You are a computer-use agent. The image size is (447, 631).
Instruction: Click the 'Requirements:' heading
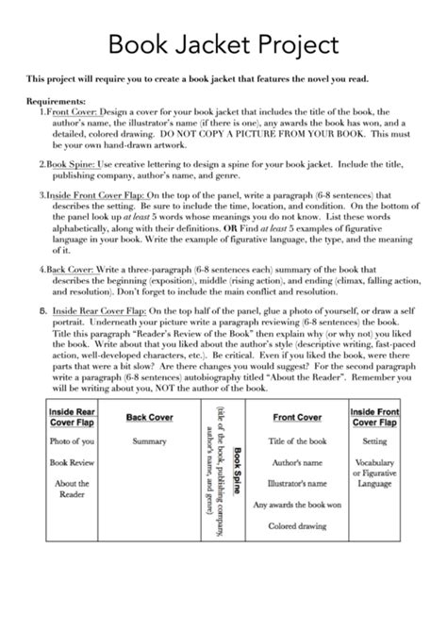57,99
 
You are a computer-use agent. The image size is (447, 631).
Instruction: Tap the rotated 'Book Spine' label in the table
236,478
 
